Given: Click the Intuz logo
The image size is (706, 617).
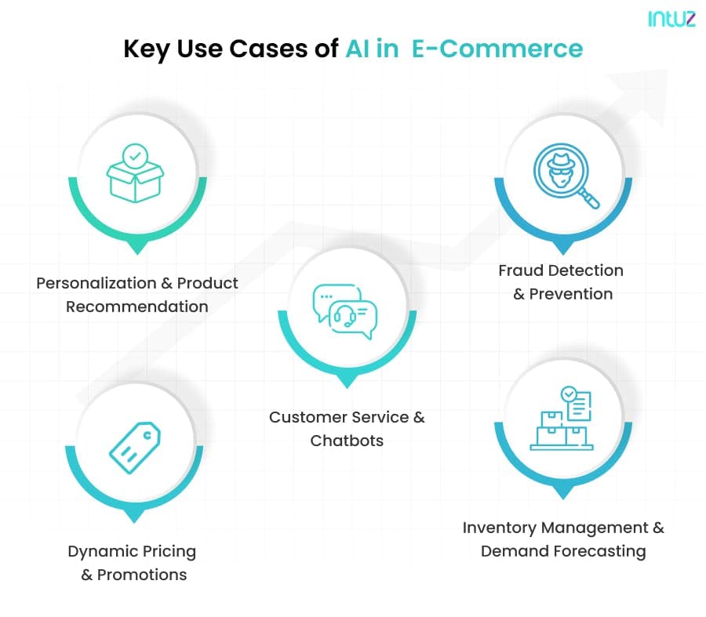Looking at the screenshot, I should pos(671,19).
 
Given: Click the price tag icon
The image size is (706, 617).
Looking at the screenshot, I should pos(135,448).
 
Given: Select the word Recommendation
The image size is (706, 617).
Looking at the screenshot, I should pos(137,307).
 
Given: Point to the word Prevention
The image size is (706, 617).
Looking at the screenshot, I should pos(571,294).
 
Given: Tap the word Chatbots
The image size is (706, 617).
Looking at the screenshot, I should pos(347,441).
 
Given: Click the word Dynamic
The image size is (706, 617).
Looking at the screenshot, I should pos(100,551).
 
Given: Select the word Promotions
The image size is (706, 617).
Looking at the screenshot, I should pos(142,575).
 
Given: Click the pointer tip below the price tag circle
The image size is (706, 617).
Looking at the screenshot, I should pos(135,517).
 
